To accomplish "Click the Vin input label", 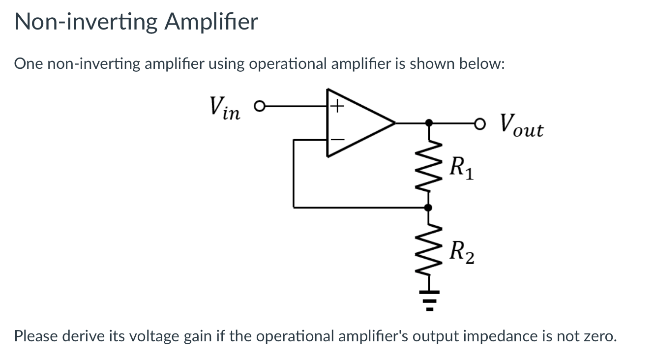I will coord(224,108).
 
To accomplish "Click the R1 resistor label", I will coord(461,169).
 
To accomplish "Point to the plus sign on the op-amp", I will coord(336,105).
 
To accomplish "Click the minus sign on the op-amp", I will coord(337,140).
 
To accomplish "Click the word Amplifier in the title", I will coord(211,22).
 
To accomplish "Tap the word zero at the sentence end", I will coord(597,336).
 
